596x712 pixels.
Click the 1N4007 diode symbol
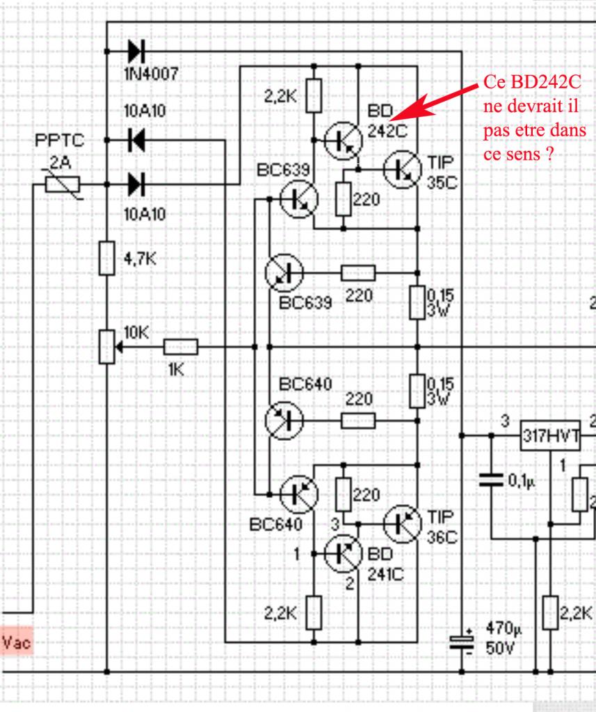coord(136,51)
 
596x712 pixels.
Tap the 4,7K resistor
coord(106,258)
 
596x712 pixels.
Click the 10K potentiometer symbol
coord(106,347)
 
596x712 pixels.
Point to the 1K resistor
coord(181,347)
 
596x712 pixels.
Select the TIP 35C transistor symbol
coord(403,168)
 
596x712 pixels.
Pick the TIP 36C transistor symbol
coord(403,524)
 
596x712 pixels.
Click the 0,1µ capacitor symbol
coord(492,480)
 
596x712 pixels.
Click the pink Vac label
coord(17,642)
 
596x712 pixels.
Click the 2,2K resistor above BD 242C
coord(314,95)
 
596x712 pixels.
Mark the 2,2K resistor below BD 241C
coord(314,613)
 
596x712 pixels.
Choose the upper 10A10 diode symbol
coord(136,140)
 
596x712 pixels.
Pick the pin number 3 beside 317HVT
coord(506,421)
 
